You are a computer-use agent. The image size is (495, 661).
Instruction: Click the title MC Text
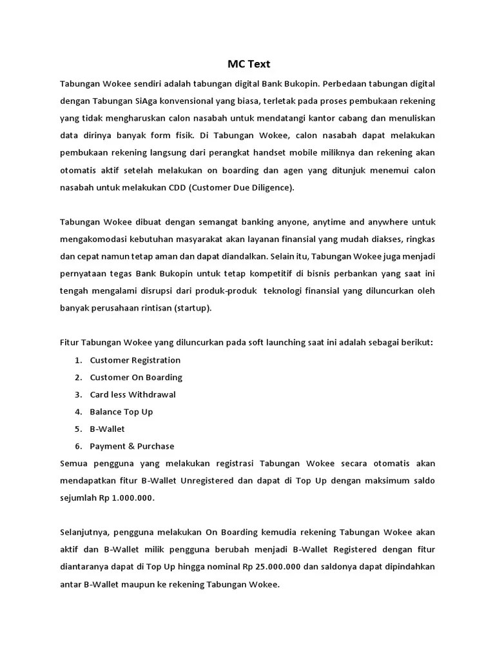tap(249, 64)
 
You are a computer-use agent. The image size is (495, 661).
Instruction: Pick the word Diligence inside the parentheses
tap(271, 187)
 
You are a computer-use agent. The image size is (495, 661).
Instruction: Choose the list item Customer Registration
tap(135, 360)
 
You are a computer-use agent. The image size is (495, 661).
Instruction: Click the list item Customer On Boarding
tap(136, 377)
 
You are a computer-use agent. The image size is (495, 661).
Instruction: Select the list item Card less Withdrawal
tap(133, 394)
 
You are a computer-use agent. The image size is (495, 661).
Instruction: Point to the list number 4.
tap(77, 412)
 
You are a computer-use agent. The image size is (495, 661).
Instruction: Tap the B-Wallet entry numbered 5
tap(107, 429)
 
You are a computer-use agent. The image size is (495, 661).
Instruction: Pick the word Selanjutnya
tap(84, 532)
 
